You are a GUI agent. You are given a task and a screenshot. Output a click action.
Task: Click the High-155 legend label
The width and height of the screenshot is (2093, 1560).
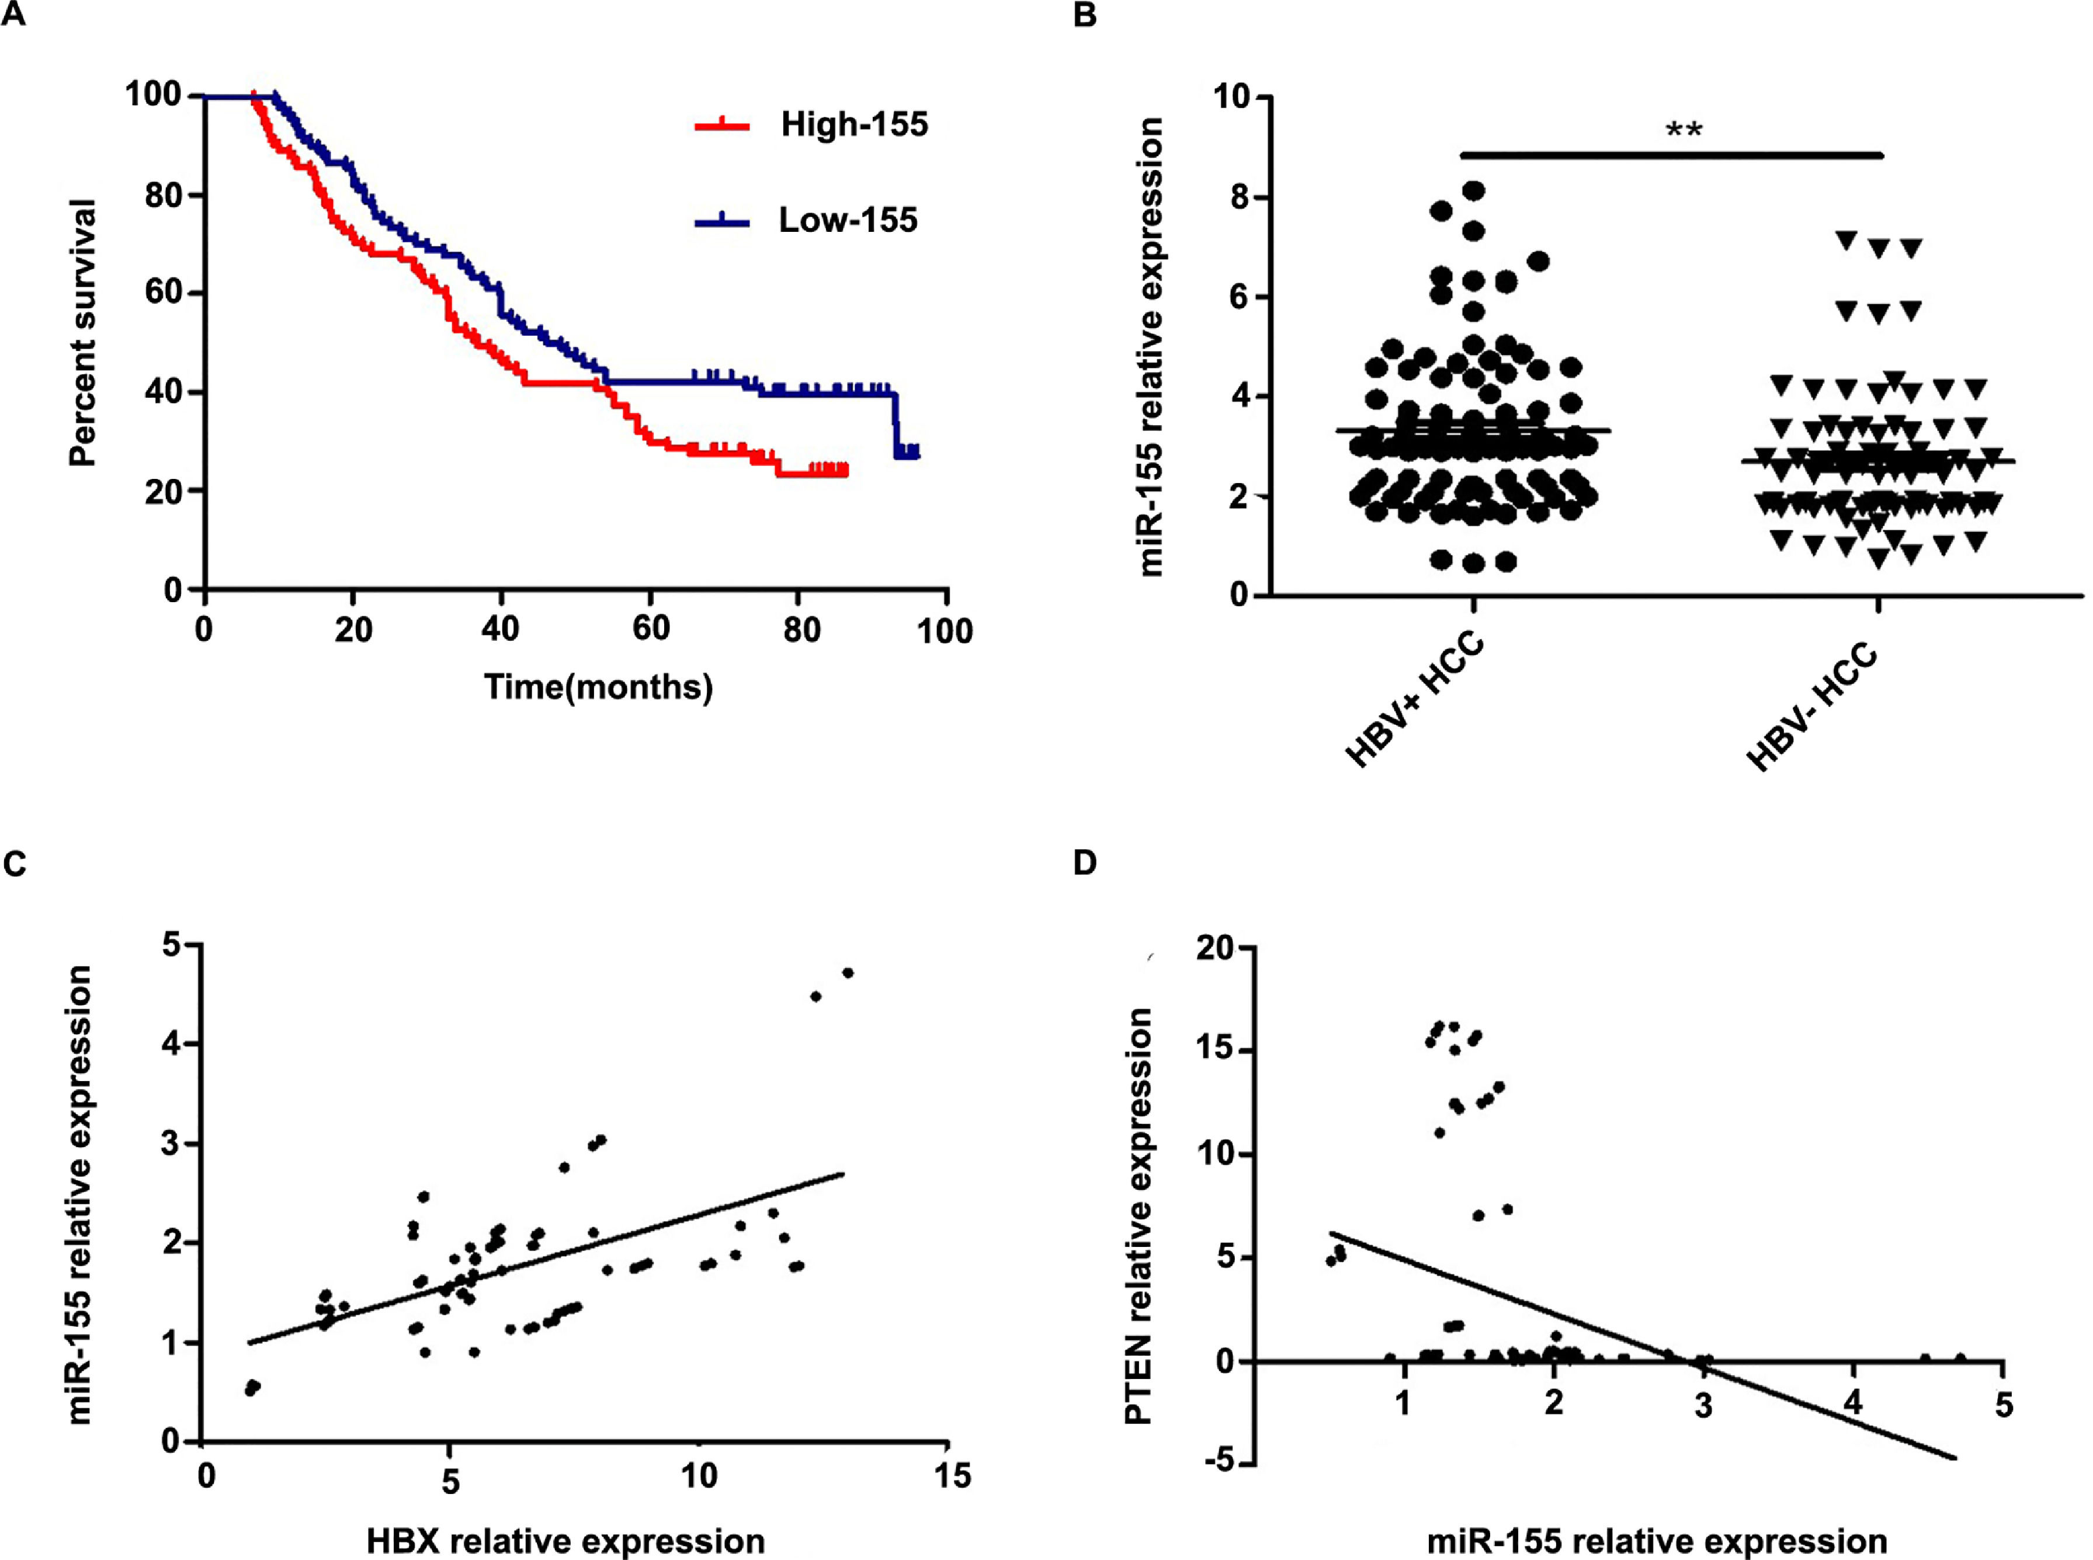coord(854,124)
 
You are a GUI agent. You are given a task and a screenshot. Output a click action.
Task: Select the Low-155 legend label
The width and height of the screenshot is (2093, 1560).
coord(847,220)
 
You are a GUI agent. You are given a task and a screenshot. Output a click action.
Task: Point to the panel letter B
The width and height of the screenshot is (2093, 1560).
coord(1085,16)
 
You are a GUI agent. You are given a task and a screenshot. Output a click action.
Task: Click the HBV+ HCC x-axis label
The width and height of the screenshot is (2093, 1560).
coord(1414,701)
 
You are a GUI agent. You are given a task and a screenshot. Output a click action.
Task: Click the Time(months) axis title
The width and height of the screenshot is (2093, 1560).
coord(598,686)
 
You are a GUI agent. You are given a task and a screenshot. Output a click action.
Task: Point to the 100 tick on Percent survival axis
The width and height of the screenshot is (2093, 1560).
coord(153,95)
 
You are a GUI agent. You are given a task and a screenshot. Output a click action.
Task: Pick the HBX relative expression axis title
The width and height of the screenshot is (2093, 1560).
coord(565,1541)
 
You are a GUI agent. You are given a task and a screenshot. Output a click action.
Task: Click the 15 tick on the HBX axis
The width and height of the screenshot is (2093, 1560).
coord(951,1475)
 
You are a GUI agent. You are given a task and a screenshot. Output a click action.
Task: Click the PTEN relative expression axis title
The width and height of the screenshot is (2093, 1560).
coord(1139,1216)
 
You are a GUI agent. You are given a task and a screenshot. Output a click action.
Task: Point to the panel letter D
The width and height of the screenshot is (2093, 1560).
coord(1085,862)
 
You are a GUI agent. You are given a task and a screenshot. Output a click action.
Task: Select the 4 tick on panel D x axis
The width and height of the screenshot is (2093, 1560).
coord(1853,1403)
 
